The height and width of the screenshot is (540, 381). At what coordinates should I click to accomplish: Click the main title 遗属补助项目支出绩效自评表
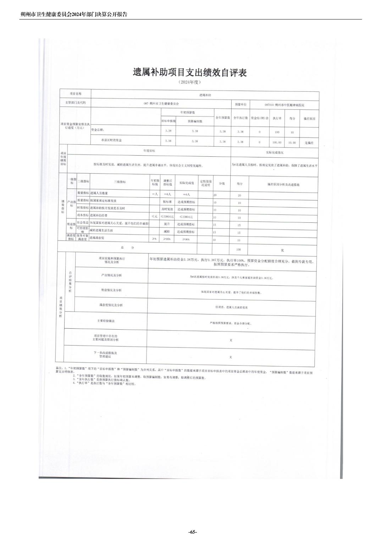[x=190, y=72]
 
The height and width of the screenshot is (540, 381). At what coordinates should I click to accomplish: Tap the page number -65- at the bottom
[x=193, y=532]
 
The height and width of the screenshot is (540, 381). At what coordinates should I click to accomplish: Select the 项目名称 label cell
[x=76, y=94]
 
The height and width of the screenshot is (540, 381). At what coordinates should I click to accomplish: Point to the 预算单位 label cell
[x=241, y=104]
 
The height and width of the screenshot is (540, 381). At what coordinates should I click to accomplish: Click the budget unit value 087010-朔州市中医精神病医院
[x=285, y=105]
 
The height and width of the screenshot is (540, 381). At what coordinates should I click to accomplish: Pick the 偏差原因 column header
[x=309, y=119]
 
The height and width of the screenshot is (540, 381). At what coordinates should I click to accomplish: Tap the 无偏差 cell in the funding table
[x=309, y=143]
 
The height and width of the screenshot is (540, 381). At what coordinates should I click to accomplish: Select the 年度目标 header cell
[x=149, y=151]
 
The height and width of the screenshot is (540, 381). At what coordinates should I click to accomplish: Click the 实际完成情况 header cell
[x=275, y=152]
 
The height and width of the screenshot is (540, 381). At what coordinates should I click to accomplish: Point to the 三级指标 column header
[x=120, y=182]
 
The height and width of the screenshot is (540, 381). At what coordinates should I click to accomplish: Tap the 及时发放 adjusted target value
[x=167, y=209]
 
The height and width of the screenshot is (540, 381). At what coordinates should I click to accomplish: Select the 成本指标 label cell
[x=83, y=215]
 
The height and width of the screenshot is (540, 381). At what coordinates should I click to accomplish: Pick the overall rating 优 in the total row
[x=282, y=250]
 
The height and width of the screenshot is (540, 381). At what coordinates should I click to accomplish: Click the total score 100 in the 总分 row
[x=239, y=249]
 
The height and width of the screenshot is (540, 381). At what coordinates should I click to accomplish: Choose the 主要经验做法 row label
[x=106, y=321]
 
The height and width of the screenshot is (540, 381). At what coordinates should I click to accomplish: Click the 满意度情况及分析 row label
[x=111, y=305]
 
